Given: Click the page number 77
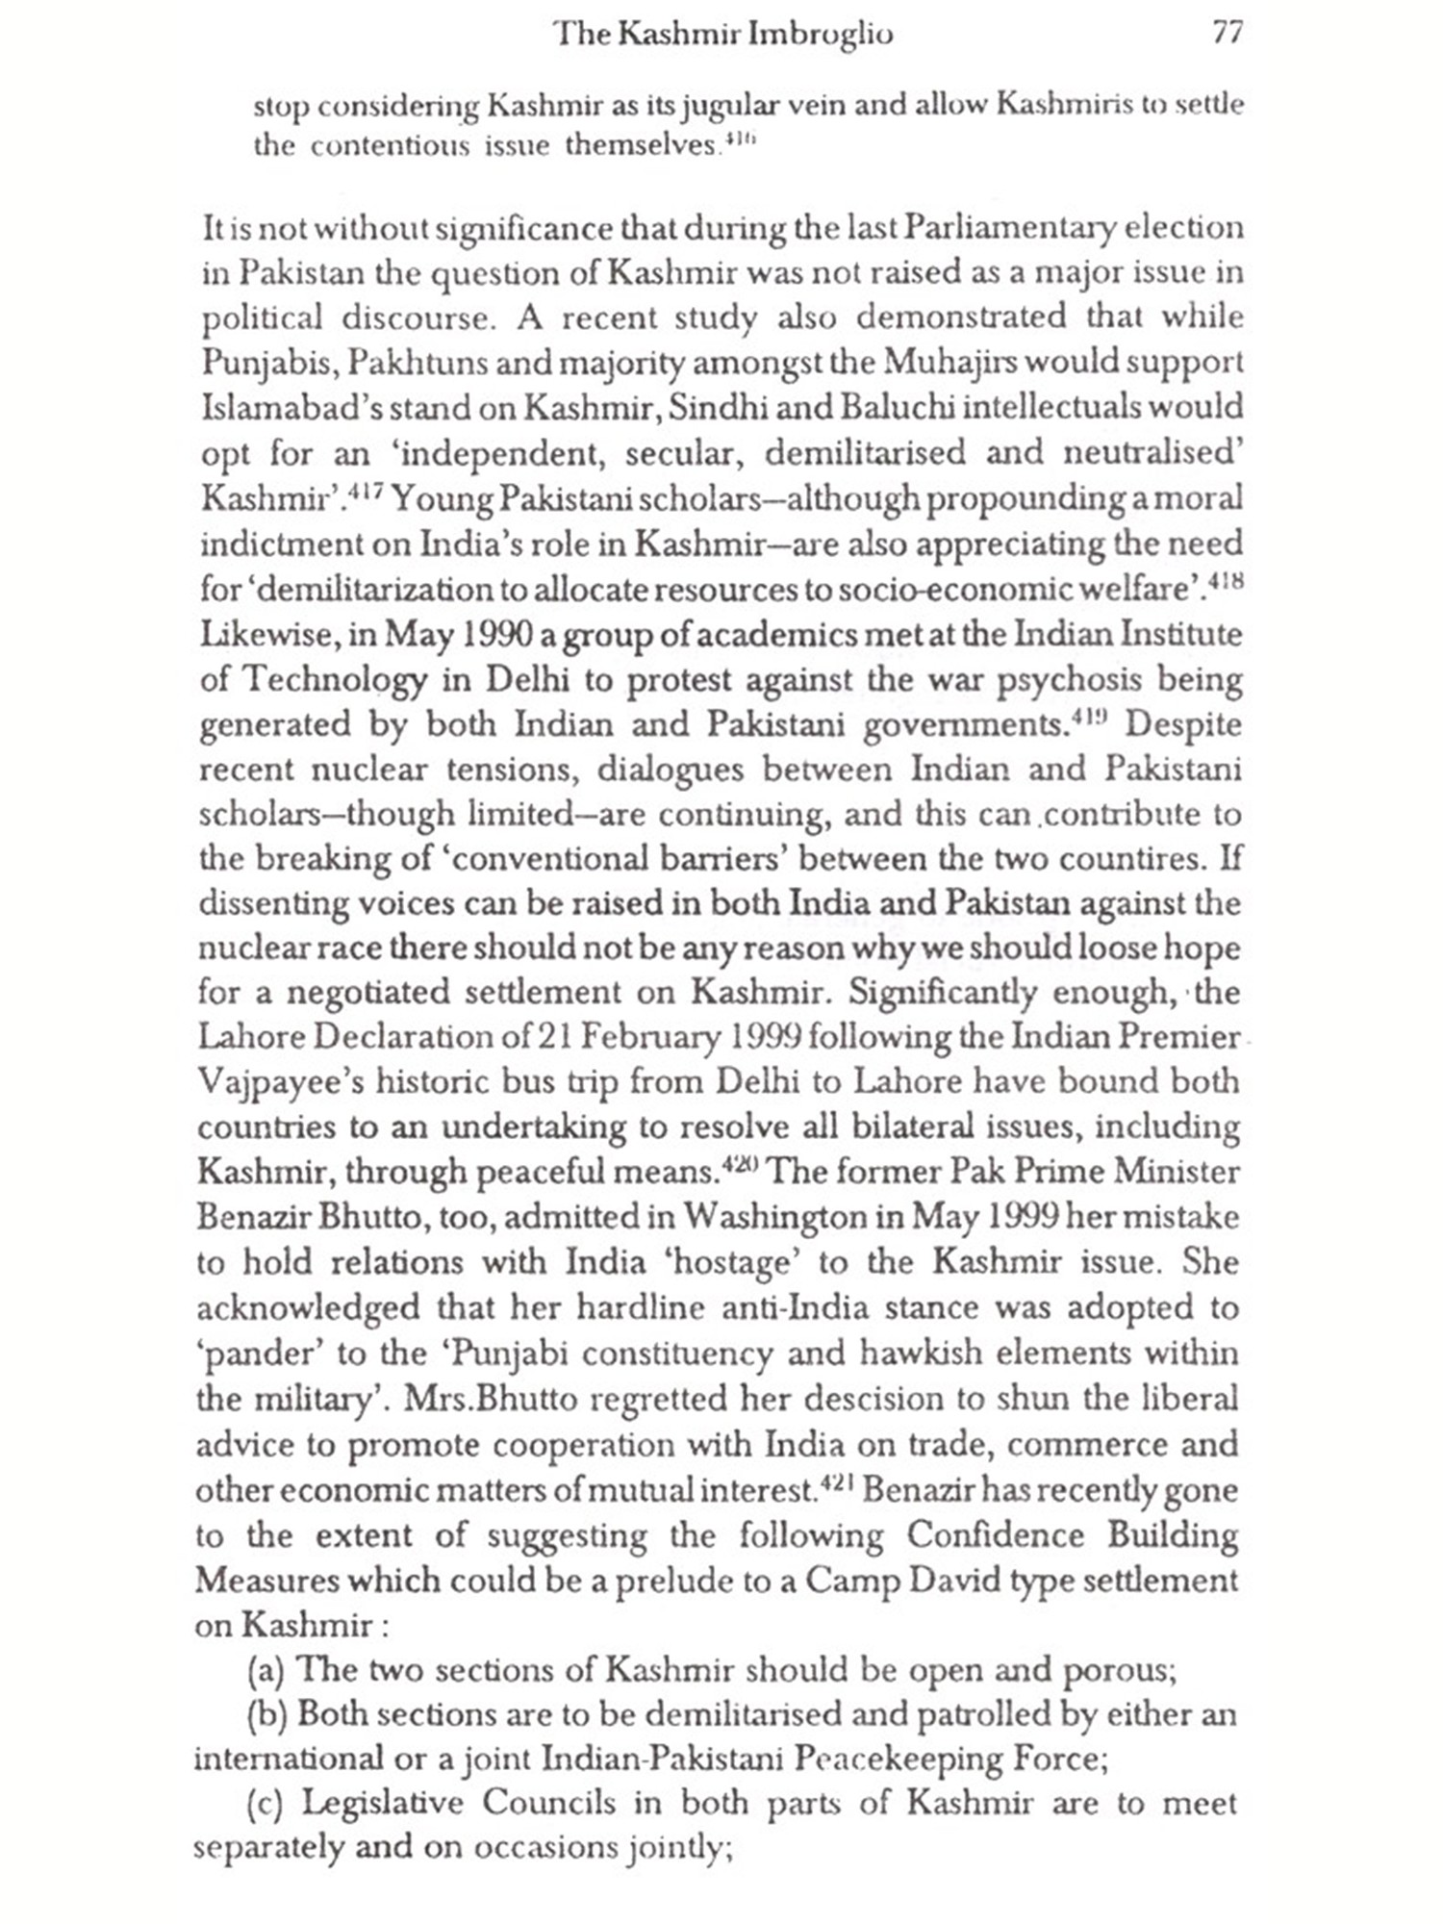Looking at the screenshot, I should click(x=1228, y=34).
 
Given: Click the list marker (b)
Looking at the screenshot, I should click(x=266, y=1715).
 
